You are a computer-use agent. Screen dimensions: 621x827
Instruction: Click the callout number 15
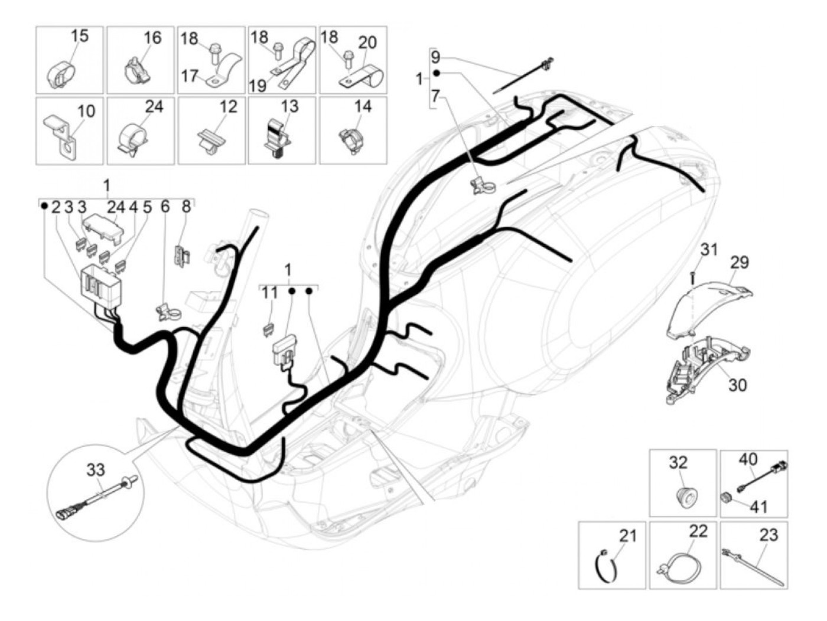point(79,35)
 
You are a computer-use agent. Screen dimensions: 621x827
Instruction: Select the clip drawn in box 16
point(135,70)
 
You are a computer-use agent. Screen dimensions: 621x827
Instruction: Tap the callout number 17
point(189,76)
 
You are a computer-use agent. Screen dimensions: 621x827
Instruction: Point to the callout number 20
point(367,43)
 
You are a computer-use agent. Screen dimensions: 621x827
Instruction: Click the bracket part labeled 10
point(61,133)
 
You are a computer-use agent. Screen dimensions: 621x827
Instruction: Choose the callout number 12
point(228,106)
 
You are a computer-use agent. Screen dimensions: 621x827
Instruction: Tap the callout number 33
point(96,470)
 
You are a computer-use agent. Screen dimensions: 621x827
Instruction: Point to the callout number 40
point(748,459)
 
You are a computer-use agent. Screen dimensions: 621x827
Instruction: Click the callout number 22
point(698,531)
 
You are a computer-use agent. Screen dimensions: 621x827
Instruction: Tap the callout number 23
point(769,535)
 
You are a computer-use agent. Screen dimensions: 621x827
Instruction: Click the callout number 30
point(737,385)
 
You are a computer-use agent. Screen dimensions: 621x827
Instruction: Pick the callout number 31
point(709,250)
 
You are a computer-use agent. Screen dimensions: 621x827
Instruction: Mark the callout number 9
point(435,58)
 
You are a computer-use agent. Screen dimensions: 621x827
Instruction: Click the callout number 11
point(269,293)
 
